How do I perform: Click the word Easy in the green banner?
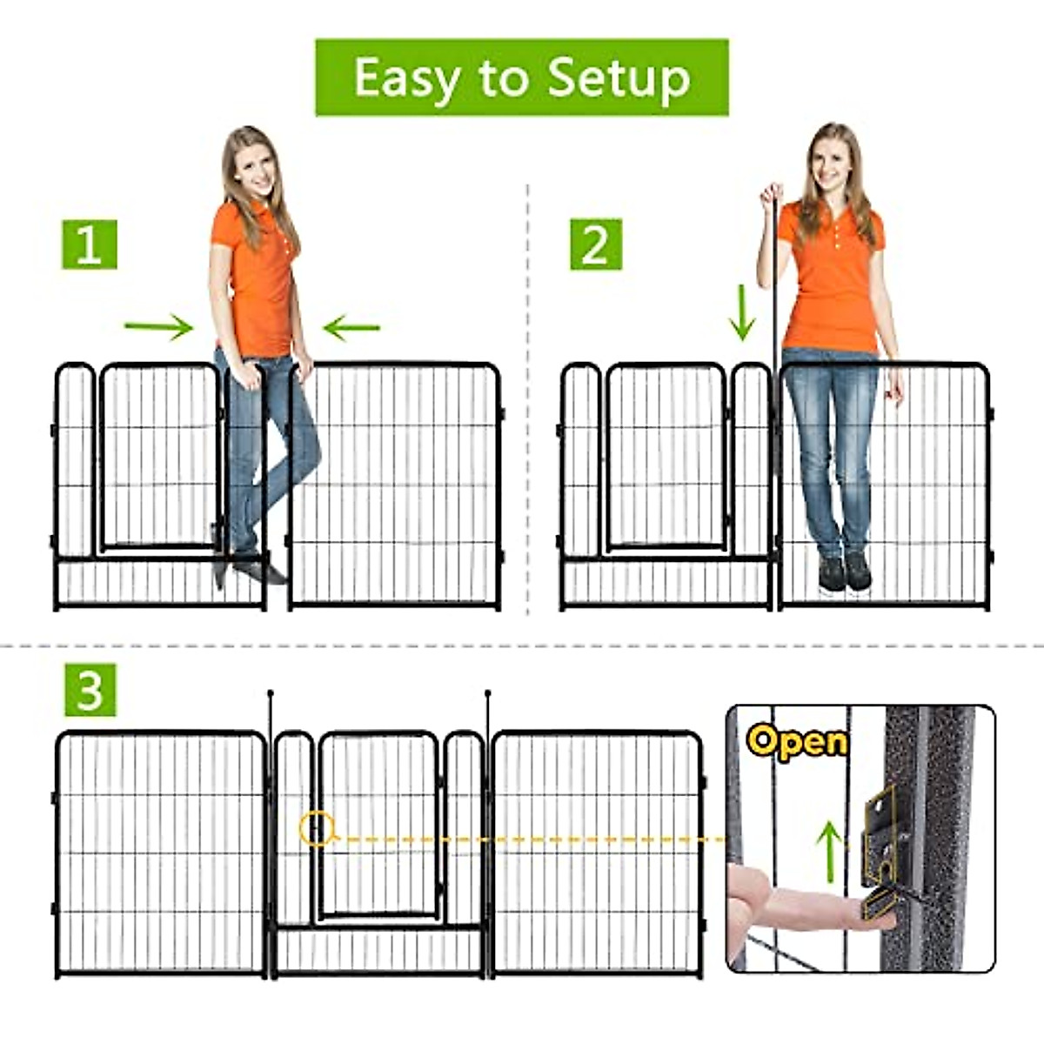pos(406,78)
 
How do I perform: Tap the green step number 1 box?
pos(89,244)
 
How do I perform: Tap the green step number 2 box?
pos(596,244)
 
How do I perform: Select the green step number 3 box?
pos(90,691)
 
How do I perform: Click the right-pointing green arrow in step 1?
pos(158,327)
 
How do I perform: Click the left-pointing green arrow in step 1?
pos(351,328)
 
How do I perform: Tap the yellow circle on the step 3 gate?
pos(317,828)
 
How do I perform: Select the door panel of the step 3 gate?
pos(378,822)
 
